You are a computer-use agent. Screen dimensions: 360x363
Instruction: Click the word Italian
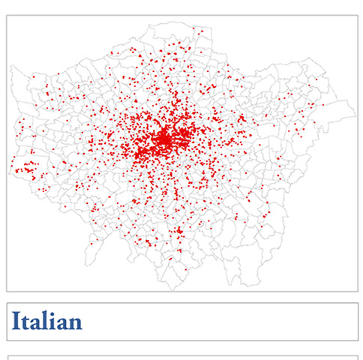click(x=46, y=322)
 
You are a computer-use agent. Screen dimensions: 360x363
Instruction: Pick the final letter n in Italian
click(x=74, y=323)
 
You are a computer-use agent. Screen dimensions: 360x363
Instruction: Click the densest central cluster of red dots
click(x=163, y=139)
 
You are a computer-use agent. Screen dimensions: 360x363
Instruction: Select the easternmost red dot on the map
click(x=323, y=104)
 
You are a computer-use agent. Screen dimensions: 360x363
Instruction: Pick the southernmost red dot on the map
click(x=183, y=271)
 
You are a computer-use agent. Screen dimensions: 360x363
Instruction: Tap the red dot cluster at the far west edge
click(x=28, y=166)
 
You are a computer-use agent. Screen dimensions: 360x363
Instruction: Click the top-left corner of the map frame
click(x=7, y=16)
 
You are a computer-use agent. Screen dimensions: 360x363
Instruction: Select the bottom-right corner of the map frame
click(x=358, y=291)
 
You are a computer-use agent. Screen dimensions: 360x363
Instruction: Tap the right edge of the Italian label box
click(x=358, y=322)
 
